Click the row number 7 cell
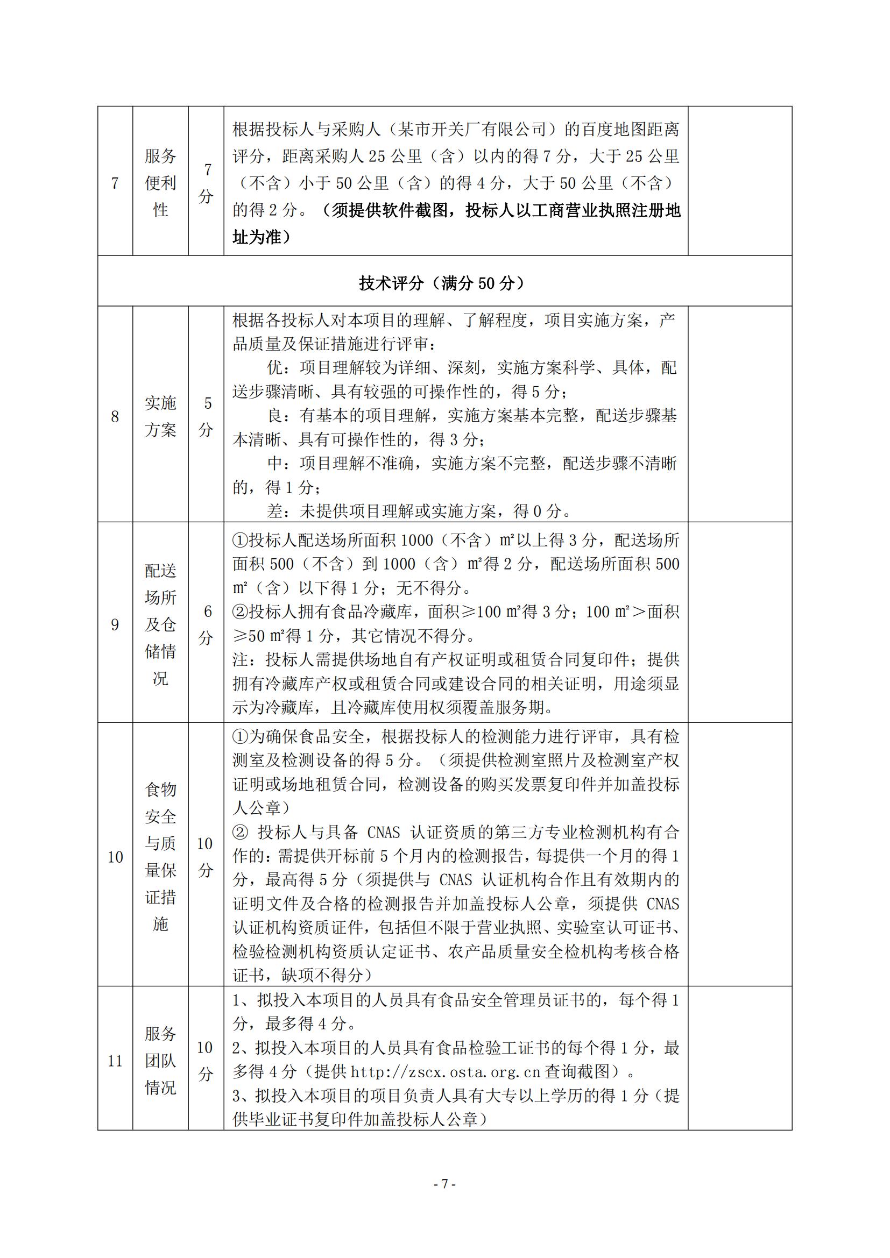[x=115, y=183]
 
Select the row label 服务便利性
[x=160, y=183]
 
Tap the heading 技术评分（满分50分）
[x=444, y=283]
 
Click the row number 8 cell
[x=115, y=416]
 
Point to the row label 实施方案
[x=160, y=416]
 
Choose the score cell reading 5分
[x=207, y=416]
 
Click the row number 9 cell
[x=115, y=624]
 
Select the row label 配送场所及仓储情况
[x=160, y=624]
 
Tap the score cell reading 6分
[x=207, y=624]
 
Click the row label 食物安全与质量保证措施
[x=160, y=857]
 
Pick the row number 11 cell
[x=115, y=1061]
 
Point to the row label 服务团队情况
[x=160, y=1061]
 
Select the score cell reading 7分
[x=207, y=183]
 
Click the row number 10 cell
[x=115, y=857]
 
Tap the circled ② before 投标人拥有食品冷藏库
[x=241, y=612]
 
